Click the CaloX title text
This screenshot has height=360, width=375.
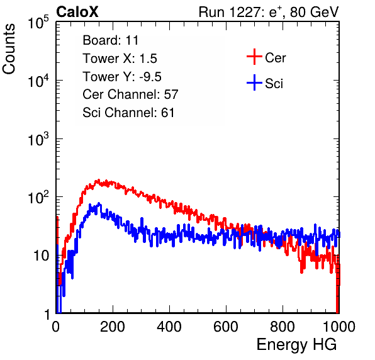point(77,12)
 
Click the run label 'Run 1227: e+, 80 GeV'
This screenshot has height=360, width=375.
point(269,12)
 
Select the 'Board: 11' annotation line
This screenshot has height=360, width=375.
point(111,40)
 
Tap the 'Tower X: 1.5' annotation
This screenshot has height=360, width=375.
point(120,59)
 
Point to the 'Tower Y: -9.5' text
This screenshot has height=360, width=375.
point(122,77)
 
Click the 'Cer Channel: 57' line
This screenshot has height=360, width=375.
point(130,94)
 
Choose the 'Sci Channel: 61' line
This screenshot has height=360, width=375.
point(128,113)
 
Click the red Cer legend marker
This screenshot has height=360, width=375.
point(254,57)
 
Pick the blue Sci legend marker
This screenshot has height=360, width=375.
point(254,82)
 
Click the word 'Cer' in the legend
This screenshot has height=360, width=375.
point(275,58)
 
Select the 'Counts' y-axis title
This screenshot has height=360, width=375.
point(9,49)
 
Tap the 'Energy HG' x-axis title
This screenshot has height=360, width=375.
point(296,345)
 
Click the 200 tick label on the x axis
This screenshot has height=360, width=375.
point(113,327)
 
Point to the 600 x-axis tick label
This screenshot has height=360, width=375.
point(226,327)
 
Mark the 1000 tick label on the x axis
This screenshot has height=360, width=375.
point(339,327)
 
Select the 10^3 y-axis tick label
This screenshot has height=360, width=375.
point(38,139)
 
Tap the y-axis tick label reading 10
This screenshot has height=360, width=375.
point(41,256)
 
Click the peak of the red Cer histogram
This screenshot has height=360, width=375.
point(98,180)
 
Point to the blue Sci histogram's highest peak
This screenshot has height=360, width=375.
point(99,204)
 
